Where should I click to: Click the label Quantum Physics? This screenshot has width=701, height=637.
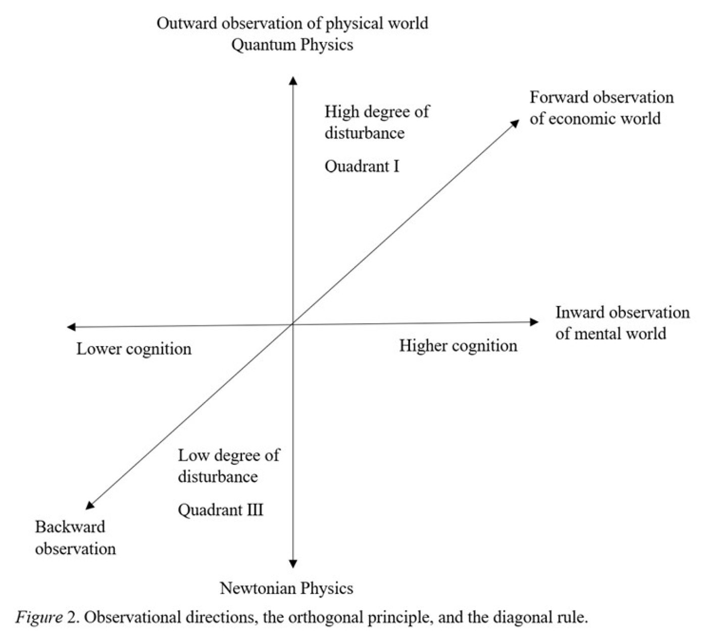click(x=292, y=45)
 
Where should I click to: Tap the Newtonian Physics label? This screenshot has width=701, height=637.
click(x=286, y=588)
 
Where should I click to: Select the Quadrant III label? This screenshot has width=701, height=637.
click(x=220, y=510)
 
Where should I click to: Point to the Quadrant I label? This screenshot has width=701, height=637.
click(x=362, y=166)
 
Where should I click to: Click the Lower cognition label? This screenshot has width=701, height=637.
click(x=134, y=349)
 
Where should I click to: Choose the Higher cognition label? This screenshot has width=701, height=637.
click(x=458, y=346)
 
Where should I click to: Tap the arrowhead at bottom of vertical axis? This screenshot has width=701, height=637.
click(x=293, y=564)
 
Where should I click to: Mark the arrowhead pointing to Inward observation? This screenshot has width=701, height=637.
click(x=534, y=322)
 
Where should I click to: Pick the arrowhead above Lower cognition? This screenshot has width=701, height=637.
click(x=71, y=327)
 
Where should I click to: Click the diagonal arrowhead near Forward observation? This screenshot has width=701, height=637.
click(x=515, y=123)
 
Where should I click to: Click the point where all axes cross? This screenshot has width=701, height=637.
click(x=293, y=324)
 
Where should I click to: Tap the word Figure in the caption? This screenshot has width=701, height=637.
click(x=38, y=617)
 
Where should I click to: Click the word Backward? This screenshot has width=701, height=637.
click(x=70, y=527)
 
